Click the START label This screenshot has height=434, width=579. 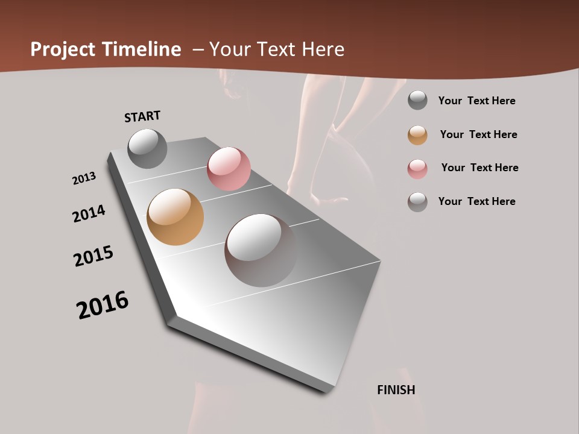click(142, 116)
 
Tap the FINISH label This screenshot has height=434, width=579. click(396, 390)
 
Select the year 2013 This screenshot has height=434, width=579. click(84, 178)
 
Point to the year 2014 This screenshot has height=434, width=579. click(89, 213)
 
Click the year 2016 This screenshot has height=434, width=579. click(103, 306)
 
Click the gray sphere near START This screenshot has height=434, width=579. click(147, 148)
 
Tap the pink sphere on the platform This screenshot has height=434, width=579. click(229, 169)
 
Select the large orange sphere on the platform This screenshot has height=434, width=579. click(175, 217)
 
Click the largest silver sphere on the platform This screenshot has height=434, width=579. click(261, 250)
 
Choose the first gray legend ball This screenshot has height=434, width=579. click(417, 100)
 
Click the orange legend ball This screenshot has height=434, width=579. click(417, 135)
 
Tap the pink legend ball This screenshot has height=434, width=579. click(417, 169)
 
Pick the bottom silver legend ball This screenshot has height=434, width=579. click(417, 202)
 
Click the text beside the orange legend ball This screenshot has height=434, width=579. click(478, 134)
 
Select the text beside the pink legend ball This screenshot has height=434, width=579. click(479, 168)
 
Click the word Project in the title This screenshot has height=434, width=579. click(62, 49)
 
